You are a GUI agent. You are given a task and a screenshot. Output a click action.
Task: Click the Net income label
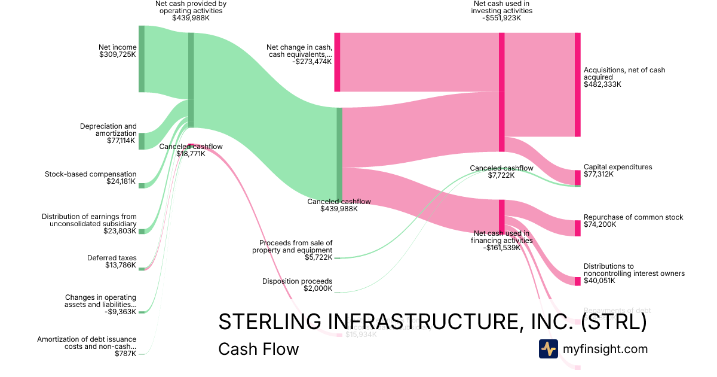pyautogui.click(x=118, y=47)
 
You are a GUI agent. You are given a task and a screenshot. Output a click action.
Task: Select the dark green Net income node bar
pyautogui.click(x=142, y=59)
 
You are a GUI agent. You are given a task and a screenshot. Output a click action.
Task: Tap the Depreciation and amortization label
pyautogui.click(x=108, y=130)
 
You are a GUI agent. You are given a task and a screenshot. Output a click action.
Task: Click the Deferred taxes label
pyautogui.click(x=112, y=258)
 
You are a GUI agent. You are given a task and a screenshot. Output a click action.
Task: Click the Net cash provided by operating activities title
pyautogui.click(x=191, y=7)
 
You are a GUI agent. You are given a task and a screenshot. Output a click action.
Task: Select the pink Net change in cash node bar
pyautogui.click(x=337, y=62)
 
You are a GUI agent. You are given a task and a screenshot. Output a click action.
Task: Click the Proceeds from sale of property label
pyautogui.click(x=296, y=247)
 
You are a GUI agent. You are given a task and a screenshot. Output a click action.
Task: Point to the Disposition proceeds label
pyautogui.click(x=297, y=281)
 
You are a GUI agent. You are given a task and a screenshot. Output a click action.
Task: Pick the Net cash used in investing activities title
pyautogui.click(x=502, y=7)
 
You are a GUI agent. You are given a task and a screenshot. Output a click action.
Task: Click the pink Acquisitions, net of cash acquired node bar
pyautogui.click(x=577, y=84)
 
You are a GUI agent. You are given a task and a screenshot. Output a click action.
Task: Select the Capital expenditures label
pyautogui.click(x=618, y=167)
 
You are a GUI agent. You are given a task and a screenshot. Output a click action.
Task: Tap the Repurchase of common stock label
pyautogui.click(x=633, y=217)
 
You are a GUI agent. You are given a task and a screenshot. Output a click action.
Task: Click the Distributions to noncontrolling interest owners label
pyautogui.click(x=634, y=270)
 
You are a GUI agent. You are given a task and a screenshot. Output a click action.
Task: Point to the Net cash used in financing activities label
pyautogui.click(x=501, y=237)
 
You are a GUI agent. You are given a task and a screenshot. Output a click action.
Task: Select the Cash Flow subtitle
pyautogui.click(x=259, y=349)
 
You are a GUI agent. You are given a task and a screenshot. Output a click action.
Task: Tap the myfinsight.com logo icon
pyautogui.click(x=548, y=349)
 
